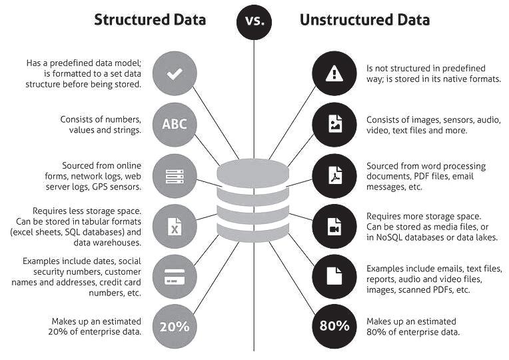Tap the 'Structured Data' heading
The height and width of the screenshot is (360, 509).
pyautogui.click(x=150, y=19)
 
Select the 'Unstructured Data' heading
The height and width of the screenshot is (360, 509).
pyautogui.click(x=364, y=19)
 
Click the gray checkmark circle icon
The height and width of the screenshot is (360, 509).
pyautogui.click(x=175, y=74)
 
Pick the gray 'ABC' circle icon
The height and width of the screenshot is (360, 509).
pyautogui.click(x=175, y=124)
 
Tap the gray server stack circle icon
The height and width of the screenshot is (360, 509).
pyautogui.click(x=175, y=176)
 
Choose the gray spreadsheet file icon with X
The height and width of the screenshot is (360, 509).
pyautogui.click(x=175, y=227)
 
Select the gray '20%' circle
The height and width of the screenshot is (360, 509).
pyautogui.click(x=175, y=326)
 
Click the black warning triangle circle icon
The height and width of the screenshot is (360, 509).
pyautogui.click(x=334, y=74)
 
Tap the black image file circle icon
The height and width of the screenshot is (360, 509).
pyautogui.click(x=334, y=124)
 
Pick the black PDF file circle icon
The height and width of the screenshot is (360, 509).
pyautogui.click(x=334, y=176)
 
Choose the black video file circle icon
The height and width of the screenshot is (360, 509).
pyautogui.click(x=334, y=227)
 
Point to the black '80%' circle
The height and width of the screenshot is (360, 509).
pyautogui.click(x=334, y=326)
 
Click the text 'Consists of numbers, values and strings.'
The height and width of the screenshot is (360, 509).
pyautogui.click(x=101, y=125)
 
